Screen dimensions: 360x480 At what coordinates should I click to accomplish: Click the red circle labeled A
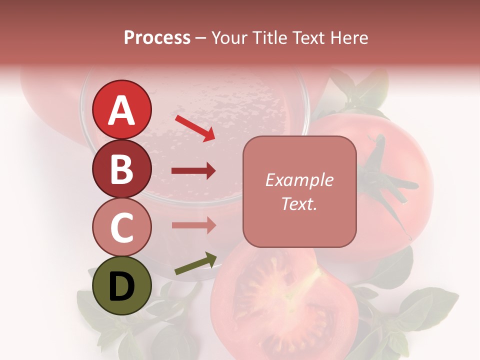122,109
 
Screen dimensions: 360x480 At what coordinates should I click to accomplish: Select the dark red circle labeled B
122,168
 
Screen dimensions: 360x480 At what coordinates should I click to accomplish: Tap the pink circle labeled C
122,227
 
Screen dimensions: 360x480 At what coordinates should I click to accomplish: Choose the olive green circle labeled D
122,286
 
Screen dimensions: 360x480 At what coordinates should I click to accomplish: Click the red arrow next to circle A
195,128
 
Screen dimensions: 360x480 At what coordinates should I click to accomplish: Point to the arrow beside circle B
193,171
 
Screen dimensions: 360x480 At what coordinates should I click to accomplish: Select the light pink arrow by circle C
193,225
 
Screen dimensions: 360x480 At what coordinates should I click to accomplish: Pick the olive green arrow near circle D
195,264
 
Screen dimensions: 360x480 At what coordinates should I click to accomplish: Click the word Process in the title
157,37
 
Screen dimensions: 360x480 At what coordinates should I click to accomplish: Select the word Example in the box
299,180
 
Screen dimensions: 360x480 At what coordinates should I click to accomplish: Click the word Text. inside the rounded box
299,203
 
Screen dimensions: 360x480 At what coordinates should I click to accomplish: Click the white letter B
122,168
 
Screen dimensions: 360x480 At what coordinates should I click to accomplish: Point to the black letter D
122,286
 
